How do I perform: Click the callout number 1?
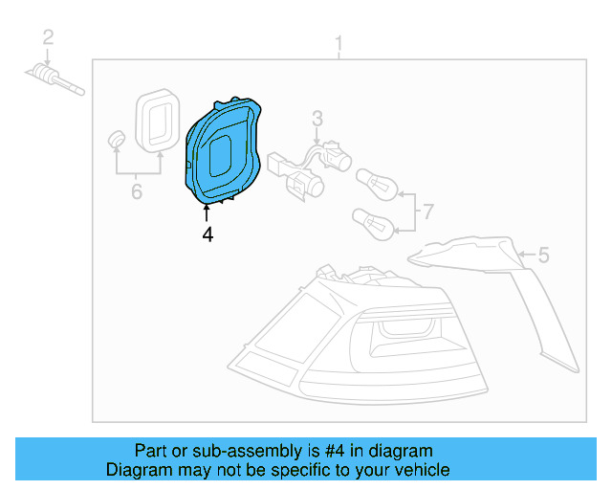click(x=338, y=43)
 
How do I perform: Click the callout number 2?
click(x=47, y=38)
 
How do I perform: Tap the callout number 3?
click(x=317, y=119)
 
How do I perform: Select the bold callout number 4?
click(x=207, y=233)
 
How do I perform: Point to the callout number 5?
click(x=543, y=255)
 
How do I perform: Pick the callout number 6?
click(x=136, y=192)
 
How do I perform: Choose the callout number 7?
click(x=427, y=211)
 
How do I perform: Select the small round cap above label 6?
click(x=117, y=138)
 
